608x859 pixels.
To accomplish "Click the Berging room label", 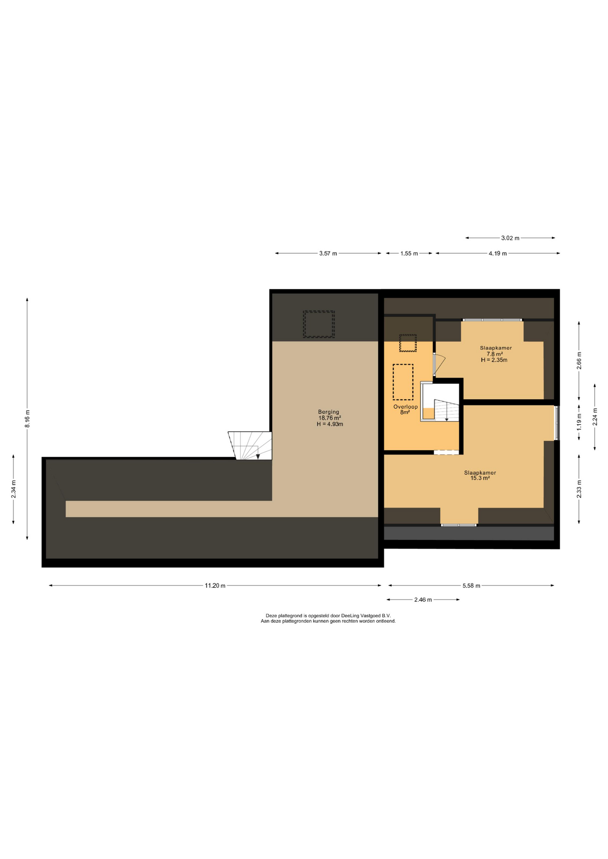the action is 329,412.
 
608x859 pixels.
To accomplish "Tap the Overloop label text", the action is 406,407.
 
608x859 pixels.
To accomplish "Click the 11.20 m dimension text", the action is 215,586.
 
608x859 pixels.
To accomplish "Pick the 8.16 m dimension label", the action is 27,418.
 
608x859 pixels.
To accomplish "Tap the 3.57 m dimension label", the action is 328,254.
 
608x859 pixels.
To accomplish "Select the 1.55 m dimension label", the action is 409,254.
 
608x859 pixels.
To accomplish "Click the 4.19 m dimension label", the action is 497,254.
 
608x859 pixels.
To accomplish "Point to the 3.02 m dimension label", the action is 510,238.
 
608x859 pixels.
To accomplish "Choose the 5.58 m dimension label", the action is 471,586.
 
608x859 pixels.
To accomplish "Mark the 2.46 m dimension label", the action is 423,600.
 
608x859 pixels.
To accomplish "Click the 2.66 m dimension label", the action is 579,361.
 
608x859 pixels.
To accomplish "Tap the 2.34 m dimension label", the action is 13,489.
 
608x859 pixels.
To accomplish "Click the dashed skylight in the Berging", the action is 319,324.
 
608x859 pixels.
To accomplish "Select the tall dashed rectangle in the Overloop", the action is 403,382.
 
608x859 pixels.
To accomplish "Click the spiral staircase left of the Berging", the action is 250,446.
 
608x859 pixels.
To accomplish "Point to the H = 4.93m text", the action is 330,424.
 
